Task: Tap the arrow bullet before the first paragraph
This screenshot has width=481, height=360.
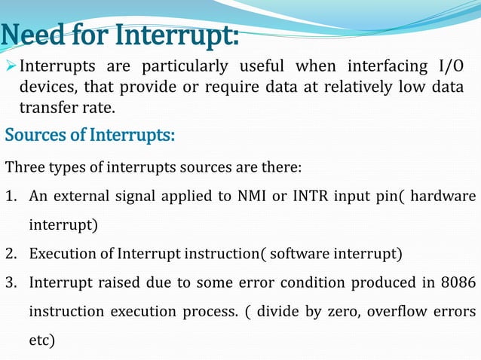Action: click(10, 68)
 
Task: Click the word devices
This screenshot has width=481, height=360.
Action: click(46, 87)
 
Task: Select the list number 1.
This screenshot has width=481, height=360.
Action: click(11, 196)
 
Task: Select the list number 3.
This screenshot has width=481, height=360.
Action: click(11, 282)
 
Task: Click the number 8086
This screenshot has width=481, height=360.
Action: click(458, 282)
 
